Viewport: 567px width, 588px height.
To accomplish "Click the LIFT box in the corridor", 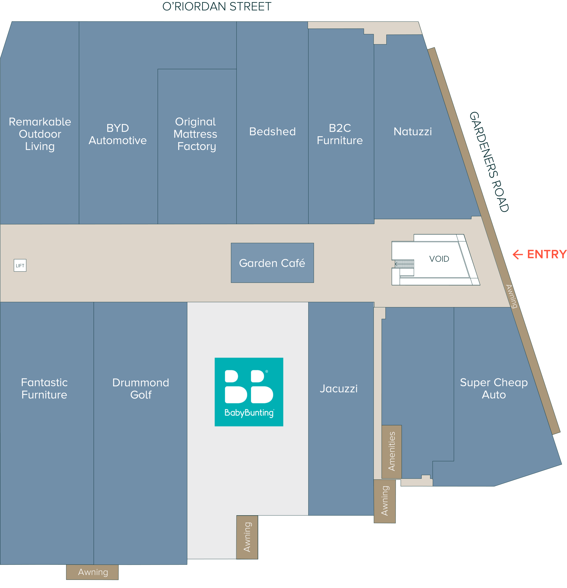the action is pos(20,265).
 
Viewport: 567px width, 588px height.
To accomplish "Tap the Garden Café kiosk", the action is pos(272,263).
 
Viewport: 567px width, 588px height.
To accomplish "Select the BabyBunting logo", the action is pos(249,392).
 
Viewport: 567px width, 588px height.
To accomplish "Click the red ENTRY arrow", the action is pos(518,254).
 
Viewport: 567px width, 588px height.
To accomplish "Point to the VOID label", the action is pos(439,259).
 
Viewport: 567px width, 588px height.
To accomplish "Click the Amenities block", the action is pos(391,452).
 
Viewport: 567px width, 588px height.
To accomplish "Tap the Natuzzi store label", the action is pos(413,131).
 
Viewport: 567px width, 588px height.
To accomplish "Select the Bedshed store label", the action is pos(272,131).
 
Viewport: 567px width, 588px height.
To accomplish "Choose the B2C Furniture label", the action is pos(340,134).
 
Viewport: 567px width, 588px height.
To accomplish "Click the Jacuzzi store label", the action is pos(339,388).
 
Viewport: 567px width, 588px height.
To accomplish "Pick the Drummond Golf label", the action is pos(141,388).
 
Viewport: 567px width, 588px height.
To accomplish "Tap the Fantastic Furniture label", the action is pos(44,388).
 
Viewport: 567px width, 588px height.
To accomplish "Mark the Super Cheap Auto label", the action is pos(494,388).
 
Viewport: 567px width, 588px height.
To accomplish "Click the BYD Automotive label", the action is pos(117,134).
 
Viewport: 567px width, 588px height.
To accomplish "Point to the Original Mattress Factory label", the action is pos(196,134).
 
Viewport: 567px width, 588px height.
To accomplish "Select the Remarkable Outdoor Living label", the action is pos(40,134).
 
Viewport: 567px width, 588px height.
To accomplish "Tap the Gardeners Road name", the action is pos(489,162).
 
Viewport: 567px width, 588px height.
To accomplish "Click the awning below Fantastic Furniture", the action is pos(92,572).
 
